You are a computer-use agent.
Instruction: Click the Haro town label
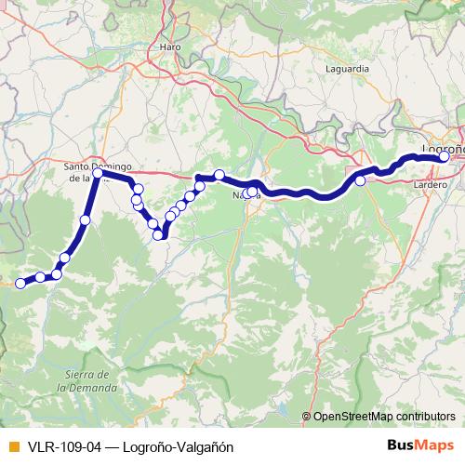(x=170, y=46)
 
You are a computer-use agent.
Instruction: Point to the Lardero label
(x=429, y=185)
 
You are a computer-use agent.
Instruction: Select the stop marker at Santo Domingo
(x=98, y=173)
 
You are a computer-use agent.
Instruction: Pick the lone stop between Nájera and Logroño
(x=360, y=180)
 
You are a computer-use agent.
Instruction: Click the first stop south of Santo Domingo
(x=86, y=220)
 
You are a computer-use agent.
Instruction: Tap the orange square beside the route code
(x=11, y=446)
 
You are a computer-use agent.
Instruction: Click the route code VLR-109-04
(x=64, y=446)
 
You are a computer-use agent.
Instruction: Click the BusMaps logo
(x=419, y=446)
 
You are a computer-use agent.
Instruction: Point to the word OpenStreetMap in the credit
(x=355, y=416)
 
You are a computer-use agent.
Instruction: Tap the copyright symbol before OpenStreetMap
(x=307, y=416)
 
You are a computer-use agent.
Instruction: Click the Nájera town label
(x=246, y=196)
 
